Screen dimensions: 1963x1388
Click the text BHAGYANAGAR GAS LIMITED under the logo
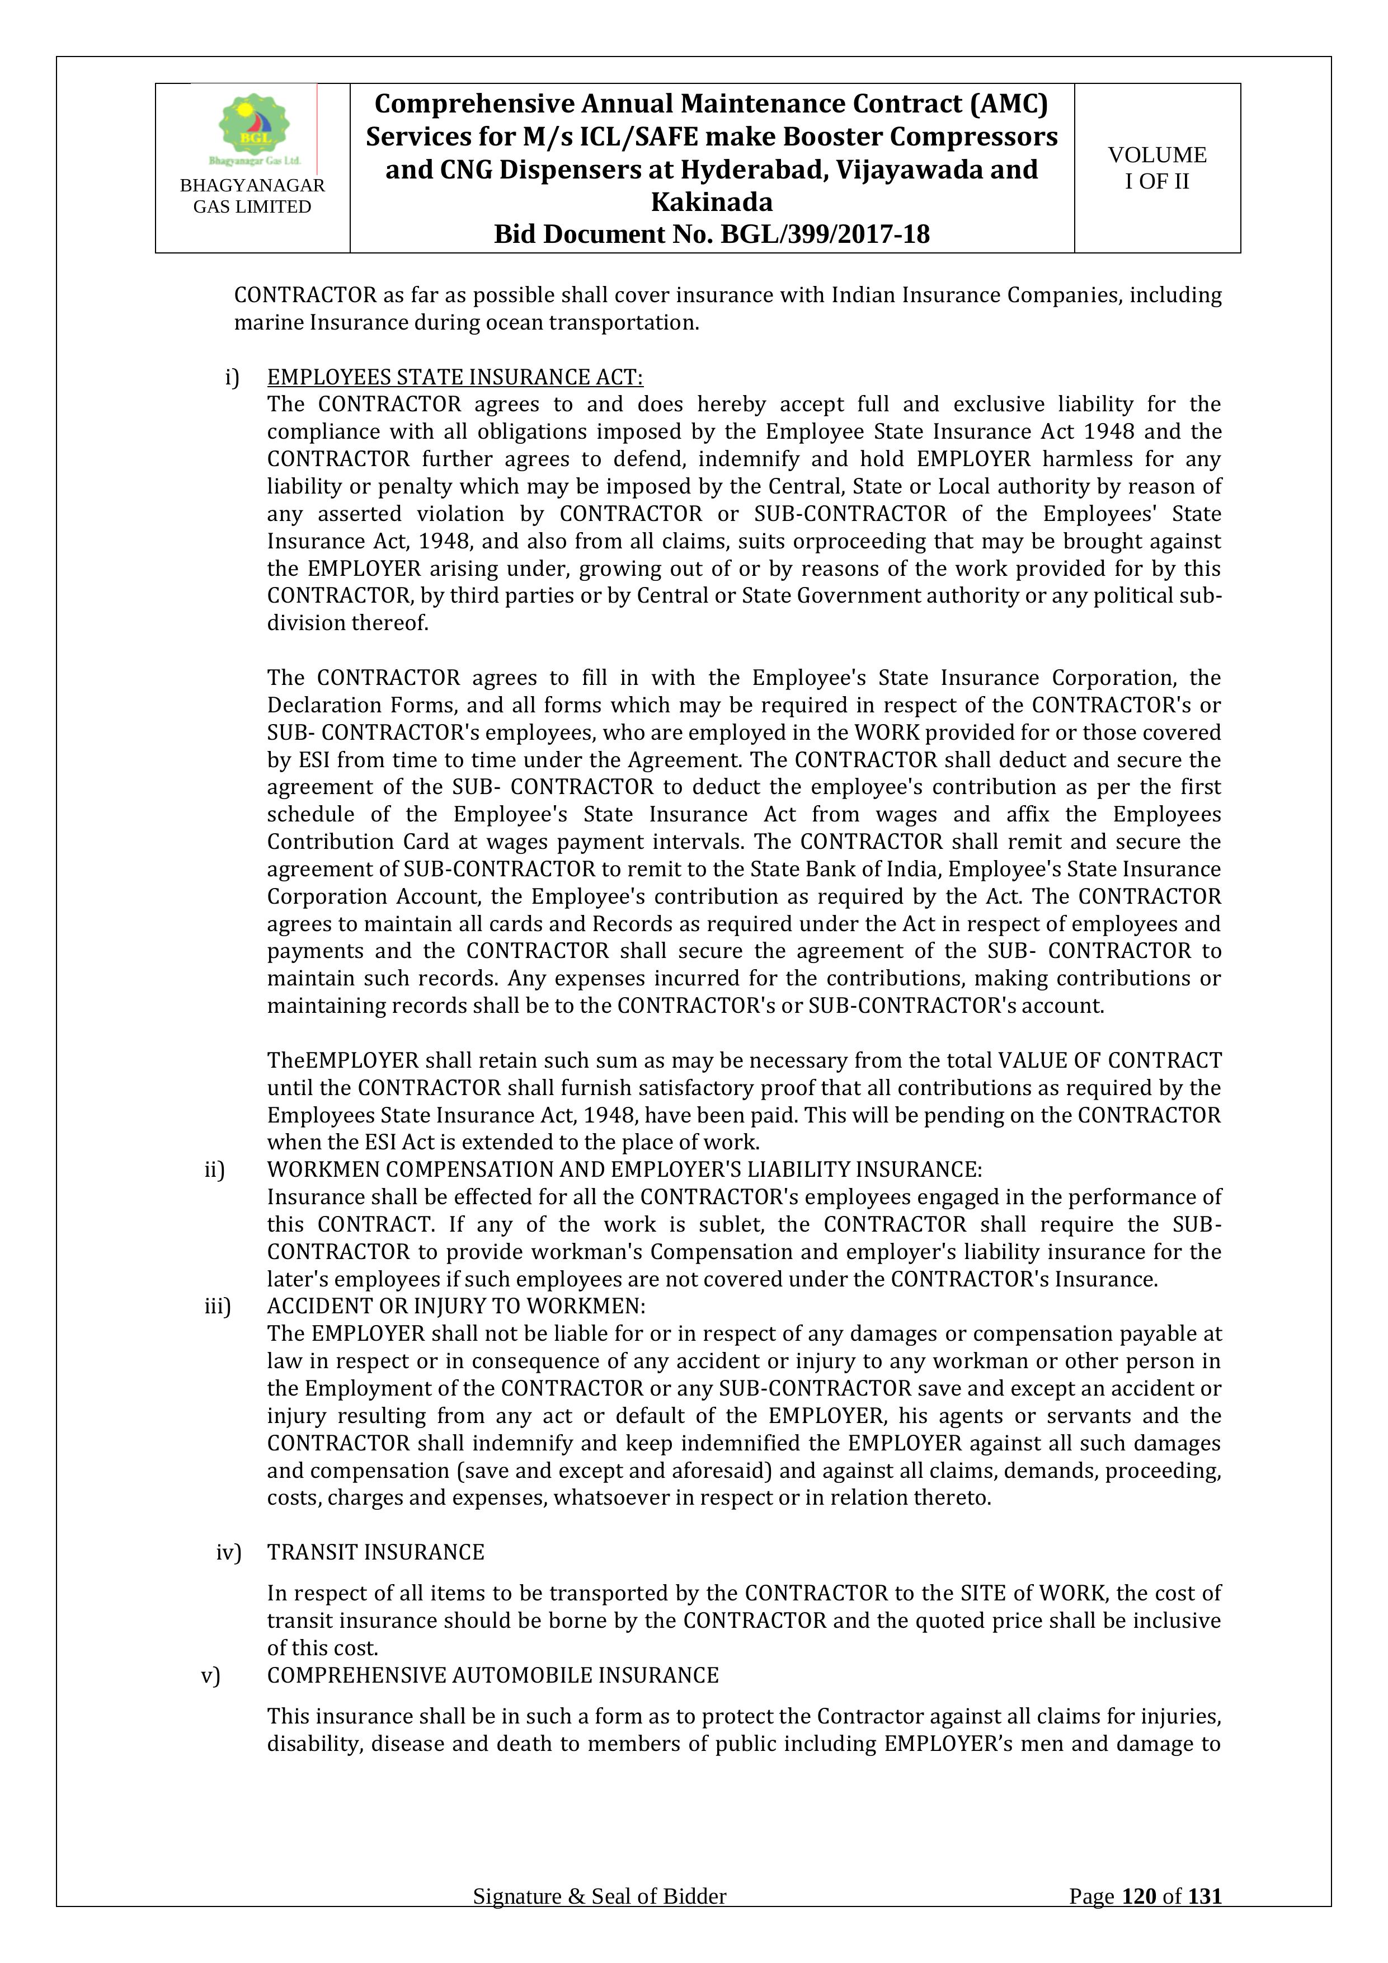point(252,196)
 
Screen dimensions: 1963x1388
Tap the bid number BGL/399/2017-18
point(825,234)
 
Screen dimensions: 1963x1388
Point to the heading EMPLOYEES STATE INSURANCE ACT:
point(455,377)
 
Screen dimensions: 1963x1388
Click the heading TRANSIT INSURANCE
point(375,1552)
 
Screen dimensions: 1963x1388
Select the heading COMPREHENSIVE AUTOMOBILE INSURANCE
point(492,1675)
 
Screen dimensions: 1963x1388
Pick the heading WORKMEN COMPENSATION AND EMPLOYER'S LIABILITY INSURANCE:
point(624,1169)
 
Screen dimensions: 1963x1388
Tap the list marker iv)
point(228,1552)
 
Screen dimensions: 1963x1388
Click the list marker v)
point(210,1675)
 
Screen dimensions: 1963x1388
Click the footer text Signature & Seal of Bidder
point(599,1920)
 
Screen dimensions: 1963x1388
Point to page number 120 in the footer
point(1138,1920)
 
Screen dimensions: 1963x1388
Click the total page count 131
point(1204,1920)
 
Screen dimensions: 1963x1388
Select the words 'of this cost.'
point(322,1647)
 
